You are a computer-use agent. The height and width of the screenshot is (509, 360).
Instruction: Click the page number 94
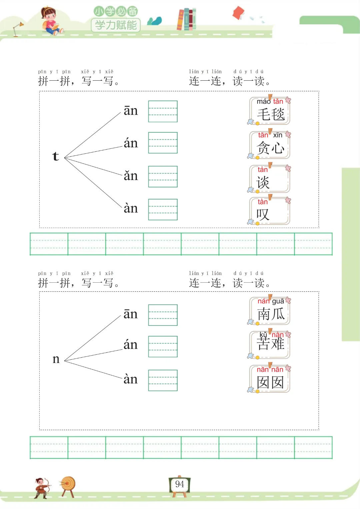coord(179,484)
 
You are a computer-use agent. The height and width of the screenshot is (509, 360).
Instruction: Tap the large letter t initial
coord(56,156)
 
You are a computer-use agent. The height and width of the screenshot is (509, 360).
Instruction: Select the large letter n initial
coord(56,359)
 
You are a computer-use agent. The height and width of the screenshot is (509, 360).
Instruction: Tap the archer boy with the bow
coord(42,488)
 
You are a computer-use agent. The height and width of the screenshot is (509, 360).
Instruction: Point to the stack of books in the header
coord(186,19)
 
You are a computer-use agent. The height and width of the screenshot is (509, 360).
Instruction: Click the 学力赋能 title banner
coord(116,25)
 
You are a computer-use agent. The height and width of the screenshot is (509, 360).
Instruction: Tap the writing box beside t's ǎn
coord(163,176)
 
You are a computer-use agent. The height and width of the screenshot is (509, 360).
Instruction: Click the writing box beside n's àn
coord(163,380)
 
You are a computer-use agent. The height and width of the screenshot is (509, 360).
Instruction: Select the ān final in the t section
coord(131,111)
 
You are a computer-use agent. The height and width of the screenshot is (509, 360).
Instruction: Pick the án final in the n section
coord(131,345)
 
